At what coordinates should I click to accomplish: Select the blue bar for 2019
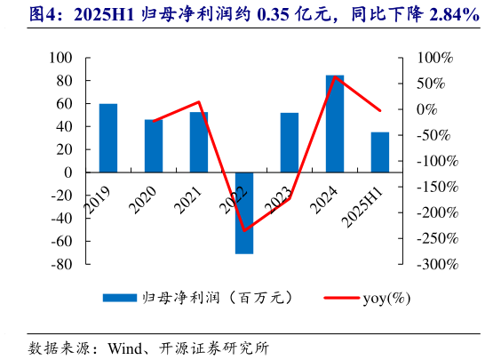[108, 138]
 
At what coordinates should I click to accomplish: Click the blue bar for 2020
[154, 146]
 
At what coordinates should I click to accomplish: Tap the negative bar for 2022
[244, 212]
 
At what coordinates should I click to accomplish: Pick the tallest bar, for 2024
[335, 124]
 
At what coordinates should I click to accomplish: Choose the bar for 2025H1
[380, 152]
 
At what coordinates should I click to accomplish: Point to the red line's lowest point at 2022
[244, 230]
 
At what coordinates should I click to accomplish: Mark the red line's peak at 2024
[335, 78]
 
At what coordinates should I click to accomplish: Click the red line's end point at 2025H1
[380, 111]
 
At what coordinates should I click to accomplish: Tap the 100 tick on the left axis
[60, 58]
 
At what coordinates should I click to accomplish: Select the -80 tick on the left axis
[60, 264]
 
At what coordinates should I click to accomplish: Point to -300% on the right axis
[438, 264]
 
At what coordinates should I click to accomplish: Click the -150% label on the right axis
[438, 187]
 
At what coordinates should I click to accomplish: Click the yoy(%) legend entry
[386, 298]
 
